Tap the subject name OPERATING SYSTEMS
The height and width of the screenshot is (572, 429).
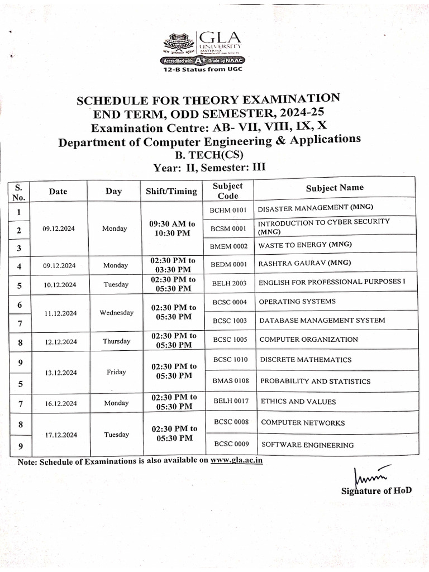pyautogui.click(x=297, y=302)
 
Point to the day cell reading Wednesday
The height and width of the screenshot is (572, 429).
pyautogui.click(x=116, y=313)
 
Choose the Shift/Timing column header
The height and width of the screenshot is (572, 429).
pyautogui.click(x=171, y=191)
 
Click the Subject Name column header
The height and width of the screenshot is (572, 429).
pyautogui.click(x=335, y=188)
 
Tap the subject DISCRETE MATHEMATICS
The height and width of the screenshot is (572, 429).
pyautogui.click(x=306, y=360)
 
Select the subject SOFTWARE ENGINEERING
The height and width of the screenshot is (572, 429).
pyautogui.click(x=307, y=445)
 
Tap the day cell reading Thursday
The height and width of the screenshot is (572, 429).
pyautogui.click(x=116, y=341)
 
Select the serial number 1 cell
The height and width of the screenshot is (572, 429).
pyautogui.click(x=19, y=212)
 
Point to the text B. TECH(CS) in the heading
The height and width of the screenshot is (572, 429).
pyautogui.click(x=210, y=154)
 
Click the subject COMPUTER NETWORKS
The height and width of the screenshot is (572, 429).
pyautogui.click(x=303, y=423)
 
